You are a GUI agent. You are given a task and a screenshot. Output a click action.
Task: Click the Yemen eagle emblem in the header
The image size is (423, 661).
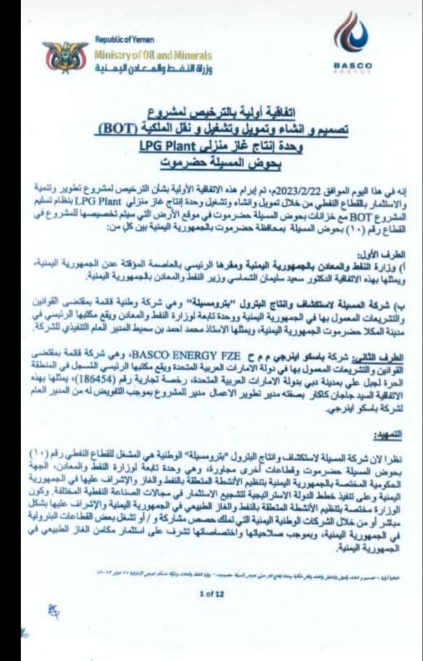coord(65,57)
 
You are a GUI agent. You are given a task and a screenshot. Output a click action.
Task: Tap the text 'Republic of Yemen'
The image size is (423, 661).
coord(124,39)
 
